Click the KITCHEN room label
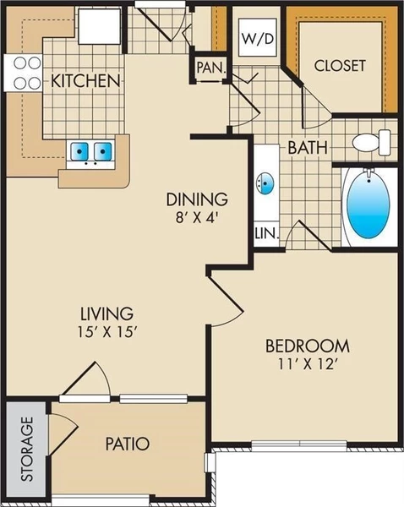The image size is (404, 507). (85, 80)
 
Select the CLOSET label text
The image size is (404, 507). (340, 65)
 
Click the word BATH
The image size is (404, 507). (308, 147)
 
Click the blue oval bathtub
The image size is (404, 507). (369, 205)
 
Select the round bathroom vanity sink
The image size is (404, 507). (265, 183)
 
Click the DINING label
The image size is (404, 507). (197, 199)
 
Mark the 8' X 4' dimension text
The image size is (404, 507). (197, 217)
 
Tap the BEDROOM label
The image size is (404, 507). (308, 346)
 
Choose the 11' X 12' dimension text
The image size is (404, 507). (308, 364)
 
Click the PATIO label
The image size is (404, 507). (128, 443)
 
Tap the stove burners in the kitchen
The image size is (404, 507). (23, 73)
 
